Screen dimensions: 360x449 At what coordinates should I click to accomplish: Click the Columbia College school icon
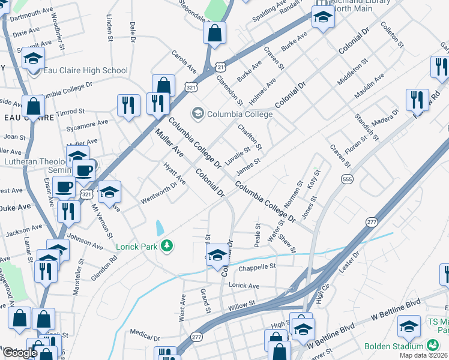coord(197,113)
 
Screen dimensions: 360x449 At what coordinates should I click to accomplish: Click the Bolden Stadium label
coord(393,346)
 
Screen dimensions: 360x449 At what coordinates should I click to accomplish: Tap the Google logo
coord(20,353)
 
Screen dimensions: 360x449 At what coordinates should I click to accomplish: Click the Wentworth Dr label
coord(158,193)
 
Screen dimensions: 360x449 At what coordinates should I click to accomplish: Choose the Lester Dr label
coord(348,263)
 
